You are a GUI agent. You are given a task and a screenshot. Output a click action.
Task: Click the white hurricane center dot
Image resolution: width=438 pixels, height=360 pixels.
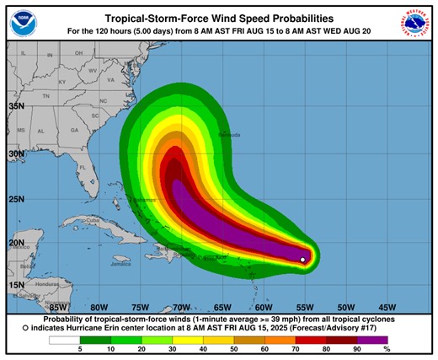pyautogui.click(x=303, y=260)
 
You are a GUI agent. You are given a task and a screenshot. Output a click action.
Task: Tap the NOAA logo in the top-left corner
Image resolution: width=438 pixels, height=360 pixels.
pyautogui.click(x=25, y=24)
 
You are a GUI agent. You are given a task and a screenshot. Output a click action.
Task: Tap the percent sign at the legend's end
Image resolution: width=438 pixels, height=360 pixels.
pyautogui.click(x=387, y=349)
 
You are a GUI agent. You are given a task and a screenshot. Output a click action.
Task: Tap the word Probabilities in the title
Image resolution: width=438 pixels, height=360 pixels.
pyautogui.click(x=291, y=18)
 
